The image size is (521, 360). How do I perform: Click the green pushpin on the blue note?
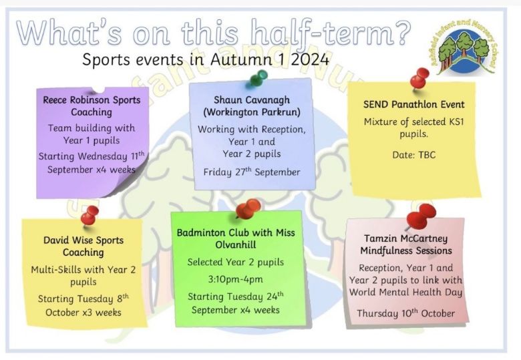(x=258, y=78)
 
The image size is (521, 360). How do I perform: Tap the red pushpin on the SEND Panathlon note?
(x=419, y=79)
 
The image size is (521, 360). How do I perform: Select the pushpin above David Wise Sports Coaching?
(x=89, y=216)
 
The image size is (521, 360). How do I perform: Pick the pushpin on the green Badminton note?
(x=248, y=208)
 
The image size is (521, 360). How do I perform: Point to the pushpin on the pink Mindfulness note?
(x=420, y=216)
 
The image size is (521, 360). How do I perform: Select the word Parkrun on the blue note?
(x=281, y=112)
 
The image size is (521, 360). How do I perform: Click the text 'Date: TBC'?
(x=413, y=155)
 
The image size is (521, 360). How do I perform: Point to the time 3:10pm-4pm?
(x=236, y=279)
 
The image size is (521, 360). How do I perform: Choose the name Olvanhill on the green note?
(x=236, y=244)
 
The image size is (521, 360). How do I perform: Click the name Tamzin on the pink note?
(x=380, y=238)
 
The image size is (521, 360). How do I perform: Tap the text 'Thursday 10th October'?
(x=406, y=313)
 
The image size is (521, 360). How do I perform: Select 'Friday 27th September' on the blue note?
(x=252, y=172)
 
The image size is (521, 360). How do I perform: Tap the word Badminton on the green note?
(x=200, y=232)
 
